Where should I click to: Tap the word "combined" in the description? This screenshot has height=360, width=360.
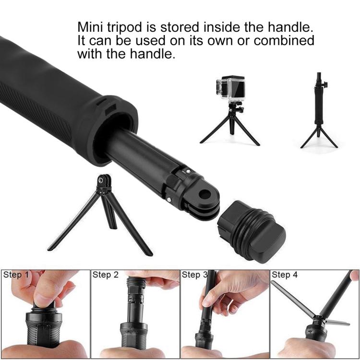tap(284, 40)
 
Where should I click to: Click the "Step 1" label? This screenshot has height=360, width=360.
tap(16, 275)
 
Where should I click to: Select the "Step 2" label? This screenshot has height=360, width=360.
tap(105, 275)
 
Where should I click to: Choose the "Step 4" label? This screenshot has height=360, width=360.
tap(285, 275)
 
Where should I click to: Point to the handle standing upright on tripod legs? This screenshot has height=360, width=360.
tap(318, 110)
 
